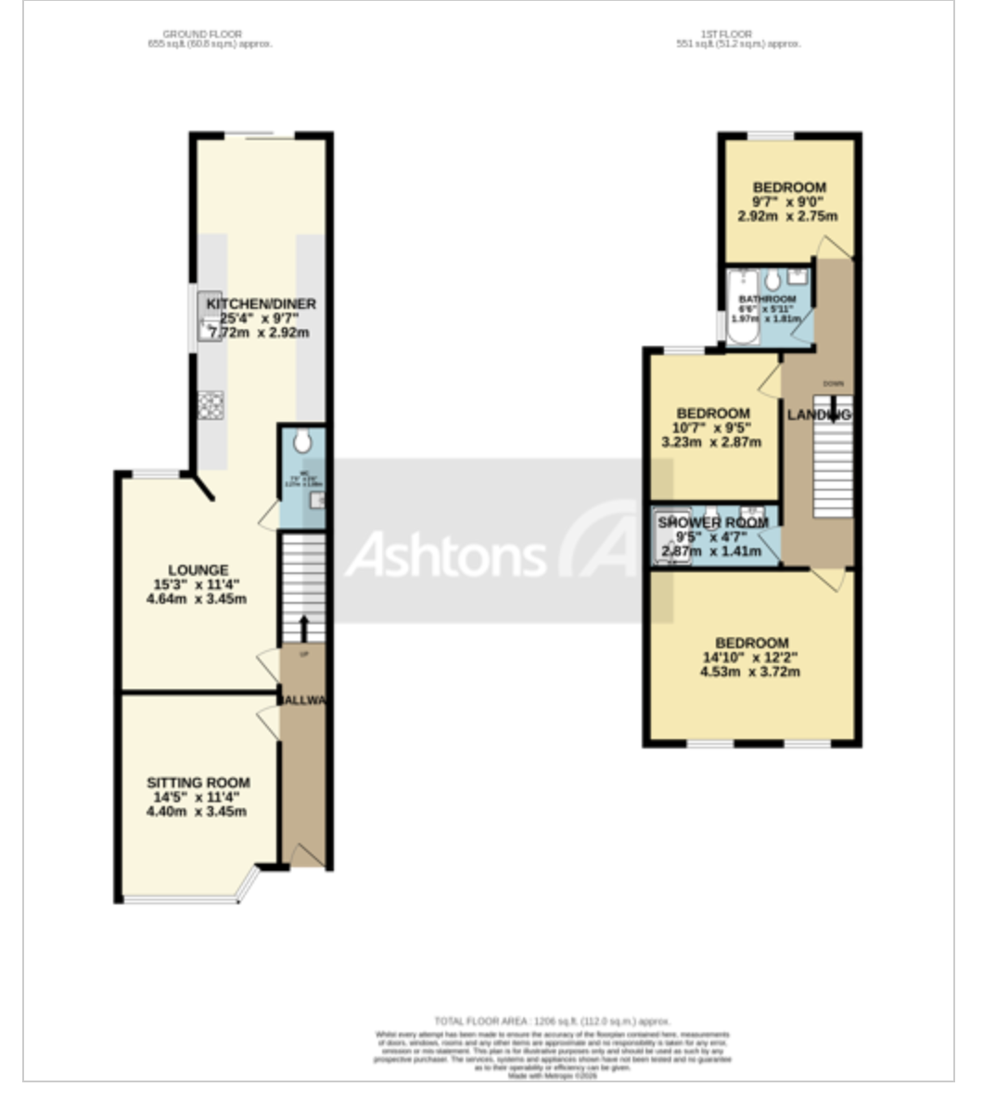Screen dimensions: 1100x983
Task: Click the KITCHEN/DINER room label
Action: [x=261, y=304]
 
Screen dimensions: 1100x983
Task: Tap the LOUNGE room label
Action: [x=198, y=569]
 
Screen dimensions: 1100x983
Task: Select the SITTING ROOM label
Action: [x=198, y=783]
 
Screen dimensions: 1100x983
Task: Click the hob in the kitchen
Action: [x=211, y=404]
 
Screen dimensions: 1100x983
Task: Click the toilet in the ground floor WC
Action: [x=302, y=442]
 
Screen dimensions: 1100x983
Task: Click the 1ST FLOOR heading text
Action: [x=739, y=34]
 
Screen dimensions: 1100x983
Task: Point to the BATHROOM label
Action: [x=767, y=300]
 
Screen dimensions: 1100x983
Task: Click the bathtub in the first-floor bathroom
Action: [x=742, y=309]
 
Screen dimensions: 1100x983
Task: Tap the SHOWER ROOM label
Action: [x=713, y=523]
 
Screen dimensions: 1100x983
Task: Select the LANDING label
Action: [x=819, y=415]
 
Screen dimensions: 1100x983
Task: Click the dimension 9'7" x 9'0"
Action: [x=788, y=202]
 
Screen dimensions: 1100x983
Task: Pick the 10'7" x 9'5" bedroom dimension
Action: [x=711, y=428]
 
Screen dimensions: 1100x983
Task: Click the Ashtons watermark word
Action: [x=445, y=556]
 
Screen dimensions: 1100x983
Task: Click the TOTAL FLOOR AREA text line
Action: [x=552, y=1020]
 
